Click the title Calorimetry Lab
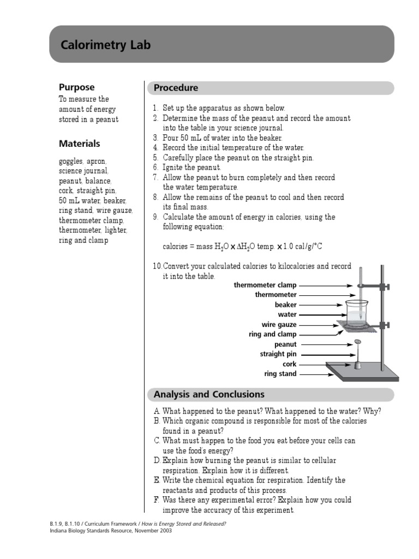pos(105,45)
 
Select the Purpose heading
pos(76,87)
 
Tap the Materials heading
pos(79,144)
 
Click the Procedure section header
pos(176,88)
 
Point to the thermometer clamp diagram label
pos(265,285)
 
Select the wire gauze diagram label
pos(279,325)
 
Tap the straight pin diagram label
pos(278,354)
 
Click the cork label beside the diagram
pos(289,364)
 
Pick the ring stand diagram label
pos(280,374)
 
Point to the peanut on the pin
pos(357,343)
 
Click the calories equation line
pos(243,246)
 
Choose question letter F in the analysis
pos(157,500)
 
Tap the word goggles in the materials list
pos(71,162)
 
